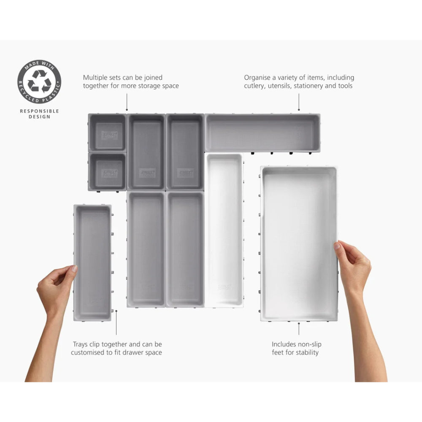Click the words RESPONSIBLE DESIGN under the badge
(x=39, y=114)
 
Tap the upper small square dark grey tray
(x=107, y=133)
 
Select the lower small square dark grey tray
(x=107, y=171)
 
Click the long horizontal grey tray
(x=262, y=133)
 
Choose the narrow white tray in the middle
(x=224, y=230)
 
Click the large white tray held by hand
(x=298, y=243)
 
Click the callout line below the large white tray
(x=299, y=329)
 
